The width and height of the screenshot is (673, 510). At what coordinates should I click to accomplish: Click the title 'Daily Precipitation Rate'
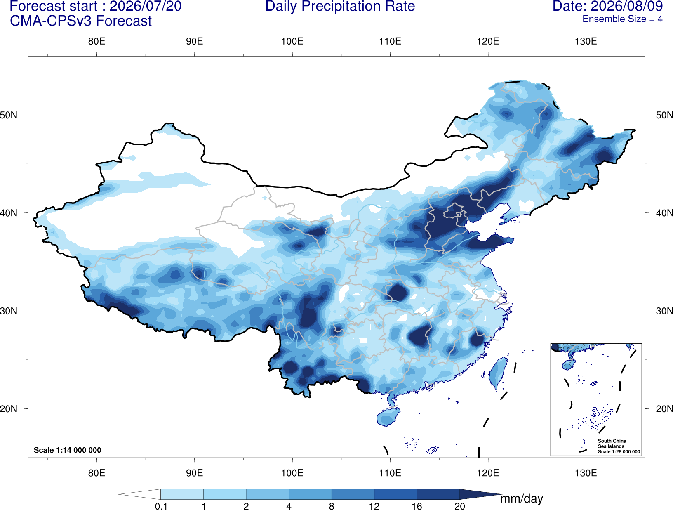click(340, 6)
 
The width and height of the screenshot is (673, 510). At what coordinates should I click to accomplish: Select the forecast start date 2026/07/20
click(145, 6)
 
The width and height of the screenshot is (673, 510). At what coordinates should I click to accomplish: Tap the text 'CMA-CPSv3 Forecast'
click(81, 21)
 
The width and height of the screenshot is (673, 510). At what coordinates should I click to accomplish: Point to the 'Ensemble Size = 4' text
click(622, 19)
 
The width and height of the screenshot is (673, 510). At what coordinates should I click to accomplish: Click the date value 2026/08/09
click(627, 6)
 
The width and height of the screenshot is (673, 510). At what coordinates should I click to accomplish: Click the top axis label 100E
click(292, 41)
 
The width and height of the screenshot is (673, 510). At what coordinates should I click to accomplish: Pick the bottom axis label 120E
click(488, 473)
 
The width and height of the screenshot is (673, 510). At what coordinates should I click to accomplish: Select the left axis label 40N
click(9, 213)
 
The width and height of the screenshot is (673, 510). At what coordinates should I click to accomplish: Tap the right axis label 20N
click(664, 409)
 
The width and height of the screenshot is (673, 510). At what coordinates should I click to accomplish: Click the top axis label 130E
click(586, 41)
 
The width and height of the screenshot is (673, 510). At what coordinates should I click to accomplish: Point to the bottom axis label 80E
click(96, 473)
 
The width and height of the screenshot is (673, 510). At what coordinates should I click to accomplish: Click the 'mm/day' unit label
click(522, 499)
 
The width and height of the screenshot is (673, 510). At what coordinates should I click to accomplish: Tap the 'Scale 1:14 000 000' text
click(68, 450)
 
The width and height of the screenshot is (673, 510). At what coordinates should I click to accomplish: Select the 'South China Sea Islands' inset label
click(612, 444)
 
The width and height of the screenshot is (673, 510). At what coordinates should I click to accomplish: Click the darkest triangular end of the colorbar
click(478, 494)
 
